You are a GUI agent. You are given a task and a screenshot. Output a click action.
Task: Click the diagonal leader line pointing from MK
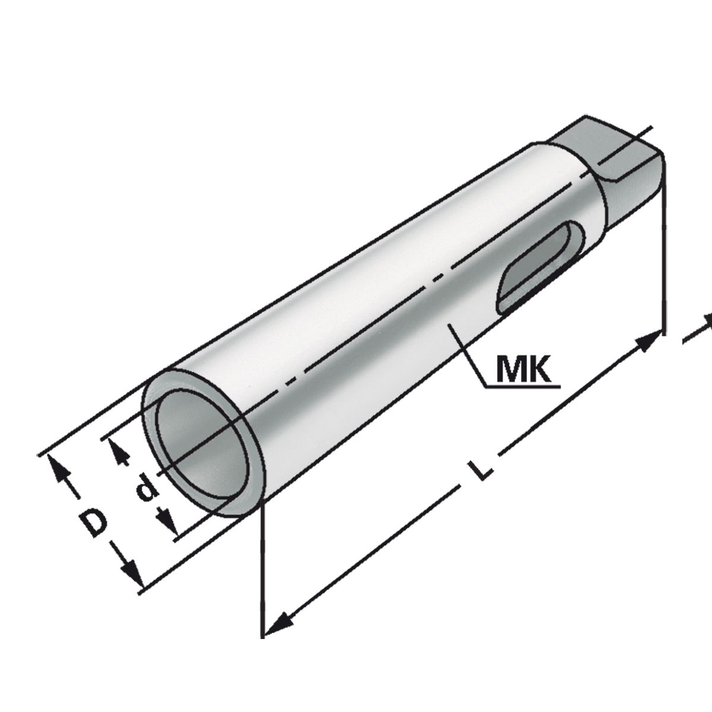pyautogui.click(x=469, y=356)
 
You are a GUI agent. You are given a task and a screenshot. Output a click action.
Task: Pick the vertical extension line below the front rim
pyautogui.click(x=262, y=570)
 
